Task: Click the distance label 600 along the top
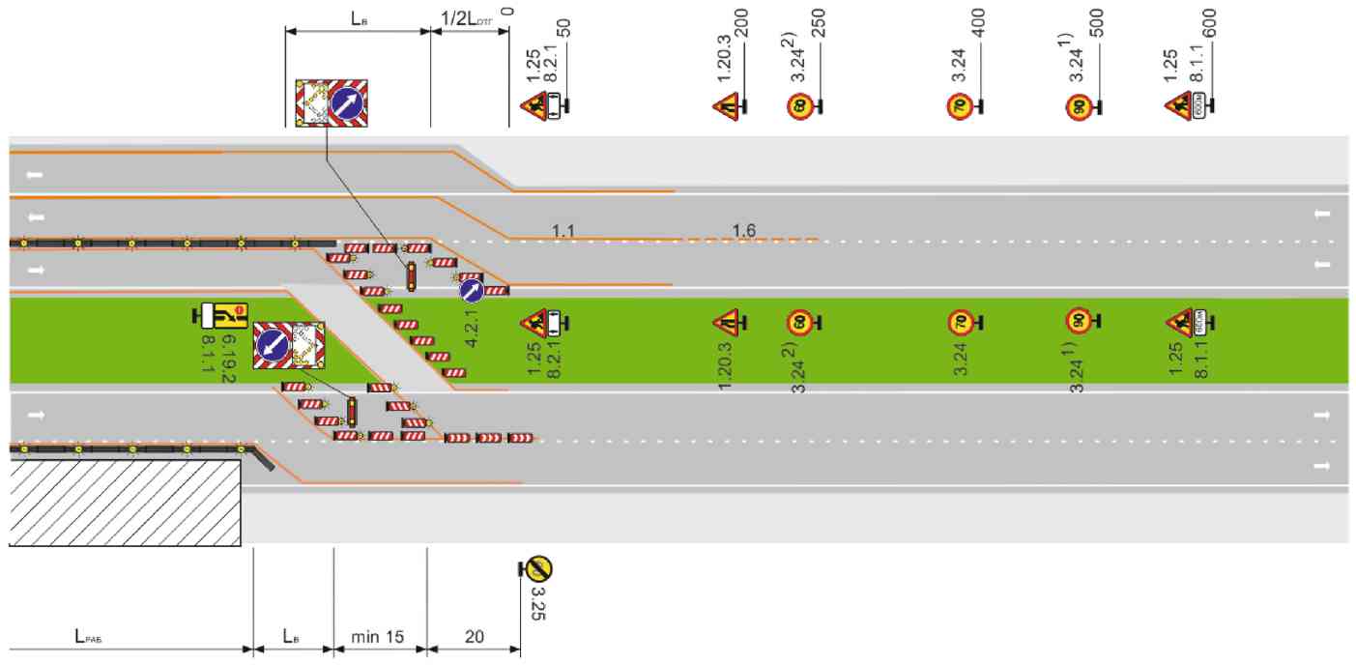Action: coord(1209,22)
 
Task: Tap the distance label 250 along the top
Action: coord(819,22)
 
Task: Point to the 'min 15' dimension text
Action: coord(377,637)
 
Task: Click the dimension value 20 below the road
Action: coord(475,637)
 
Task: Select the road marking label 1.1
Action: coord(563,231)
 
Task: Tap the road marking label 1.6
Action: coord(744,231)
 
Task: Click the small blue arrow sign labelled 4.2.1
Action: coord(471,289)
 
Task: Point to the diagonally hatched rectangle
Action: coord(124,503)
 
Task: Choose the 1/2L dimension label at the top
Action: coord(467,18)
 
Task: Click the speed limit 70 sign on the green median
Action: coord(958,322)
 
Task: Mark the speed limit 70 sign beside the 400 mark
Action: coord(958,105)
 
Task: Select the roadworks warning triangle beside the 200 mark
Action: coord(726,104)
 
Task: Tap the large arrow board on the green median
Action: coord(289,345)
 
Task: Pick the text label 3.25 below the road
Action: coord(538,601)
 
